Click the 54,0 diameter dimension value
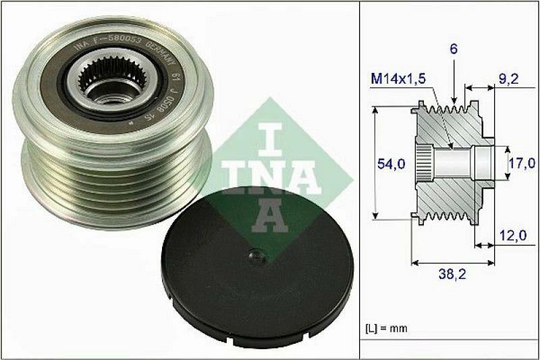pos(389,163)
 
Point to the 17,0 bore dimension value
pos(521,163)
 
